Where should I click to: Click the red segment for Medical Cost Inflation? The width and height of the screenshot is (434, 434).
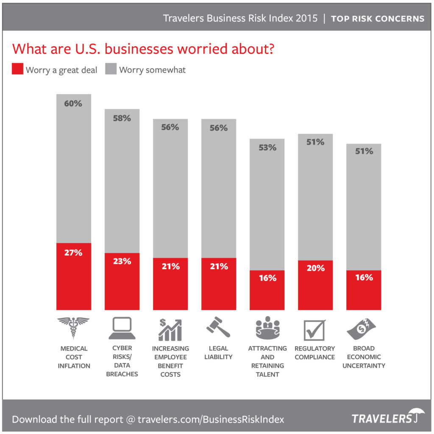73,276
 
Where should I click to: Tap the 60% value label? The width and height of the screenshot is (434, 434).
73,103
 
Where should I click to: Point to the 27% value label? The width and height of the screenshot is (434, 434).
73,253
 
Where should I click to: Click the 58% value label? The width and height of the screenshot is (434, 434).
122,118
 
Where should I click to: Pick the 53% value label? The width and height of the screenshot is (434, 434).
267,147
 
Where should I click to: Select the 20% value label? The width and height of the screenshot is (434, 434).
316,268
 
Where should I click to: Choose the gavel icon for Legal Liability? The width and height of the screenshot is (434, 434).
218,327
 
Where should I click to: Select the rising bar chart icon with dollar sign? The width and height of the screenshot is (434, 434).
170,330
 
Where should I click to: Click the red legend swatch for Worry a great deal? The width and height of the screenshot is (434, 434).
17,70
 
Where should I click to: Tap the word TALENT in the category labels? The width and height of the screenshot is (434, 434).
267,374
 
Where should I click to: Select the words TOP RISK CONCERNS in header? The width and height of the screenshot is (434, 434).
377,19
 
